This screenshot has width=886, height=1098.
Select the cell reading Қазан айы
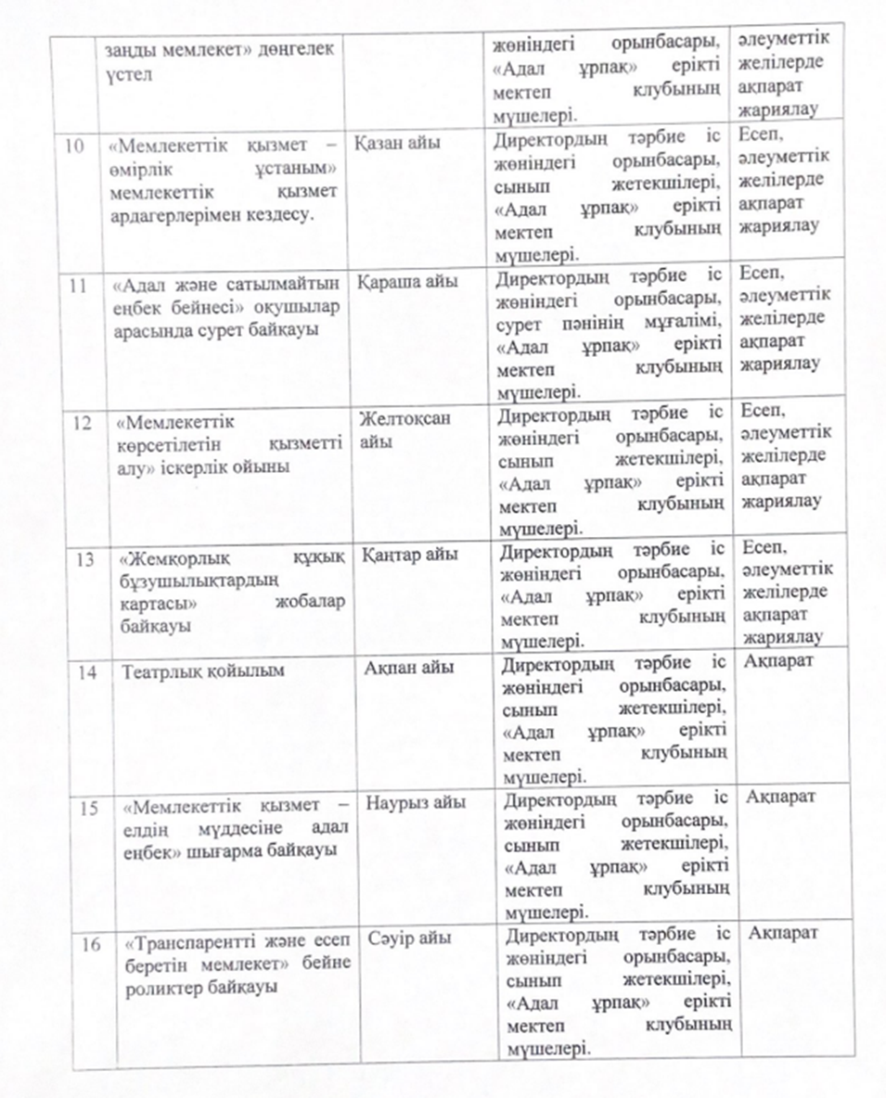398,144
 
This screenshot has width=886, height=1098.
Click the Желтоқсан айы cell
404,429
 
